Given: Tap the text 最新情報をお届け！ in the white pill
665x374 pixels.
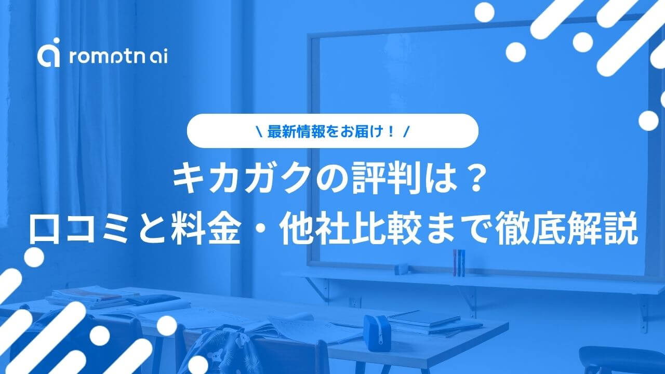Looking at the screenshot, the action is (331, 131).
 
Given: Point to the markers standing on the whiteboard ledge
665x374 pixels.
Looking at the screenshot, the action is (459, 263).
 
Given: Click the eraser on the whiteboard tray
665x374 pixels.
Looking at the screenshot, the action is (402, 269).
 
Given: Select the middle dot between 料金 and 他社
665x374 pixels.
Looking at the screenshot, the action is (261, 229).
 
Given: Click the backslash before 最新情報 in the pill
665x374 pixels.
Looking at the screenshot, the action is (259, 131).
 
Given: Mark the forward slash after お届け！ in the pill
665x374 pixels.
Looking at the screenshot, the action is (406, 131).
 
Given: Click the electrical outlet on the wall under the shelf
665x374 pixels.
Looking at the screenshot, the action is (354, 302).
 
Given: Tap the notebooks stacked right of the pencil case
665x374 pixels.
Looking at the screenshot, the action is (431, 324).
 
